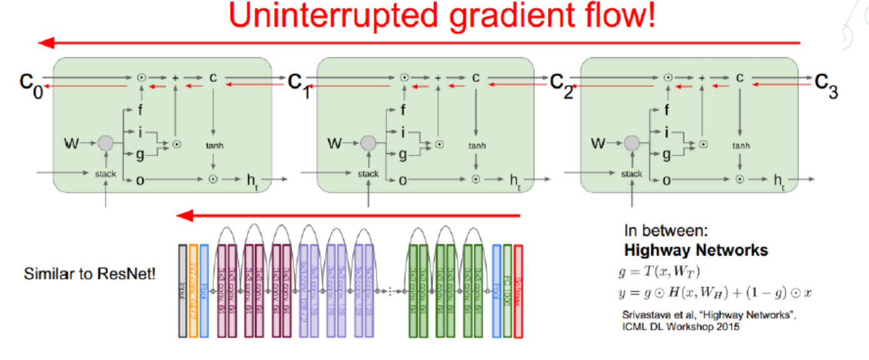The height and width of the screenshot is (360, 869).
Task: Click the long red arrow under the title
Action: [419, 43]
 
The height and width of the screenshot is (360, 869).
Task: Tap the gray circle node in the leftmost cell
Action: [105, 144]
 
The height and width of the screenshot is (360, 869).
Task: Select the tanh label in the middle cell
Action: [476, 146]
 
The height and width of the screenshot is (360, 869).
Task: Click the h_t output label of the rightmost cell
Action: [779, 181]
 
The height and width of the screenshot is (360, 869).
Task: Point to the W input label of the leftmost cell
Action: [72, 144]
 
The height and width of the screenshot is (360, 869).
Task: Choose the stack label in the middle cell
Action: [368, 174]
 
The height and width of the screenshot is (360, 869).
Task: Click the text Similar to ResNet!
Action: [89, 274]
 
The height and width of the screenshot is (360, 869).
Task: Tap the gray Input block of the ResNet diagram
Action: [183, 291]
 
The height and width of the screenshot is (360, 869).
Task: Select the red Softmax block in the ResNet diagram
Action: [518, 291]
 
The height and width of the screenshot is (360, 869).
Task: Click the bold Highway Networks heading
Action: [696, 251]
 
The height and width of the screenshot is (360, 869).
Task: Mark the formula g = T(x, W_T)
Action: [656, 272]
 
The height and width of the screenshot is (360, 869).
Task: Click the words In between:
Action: [666, 229]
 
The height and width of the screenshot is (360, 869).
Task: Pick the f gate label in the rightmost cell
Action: [666, 111]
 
